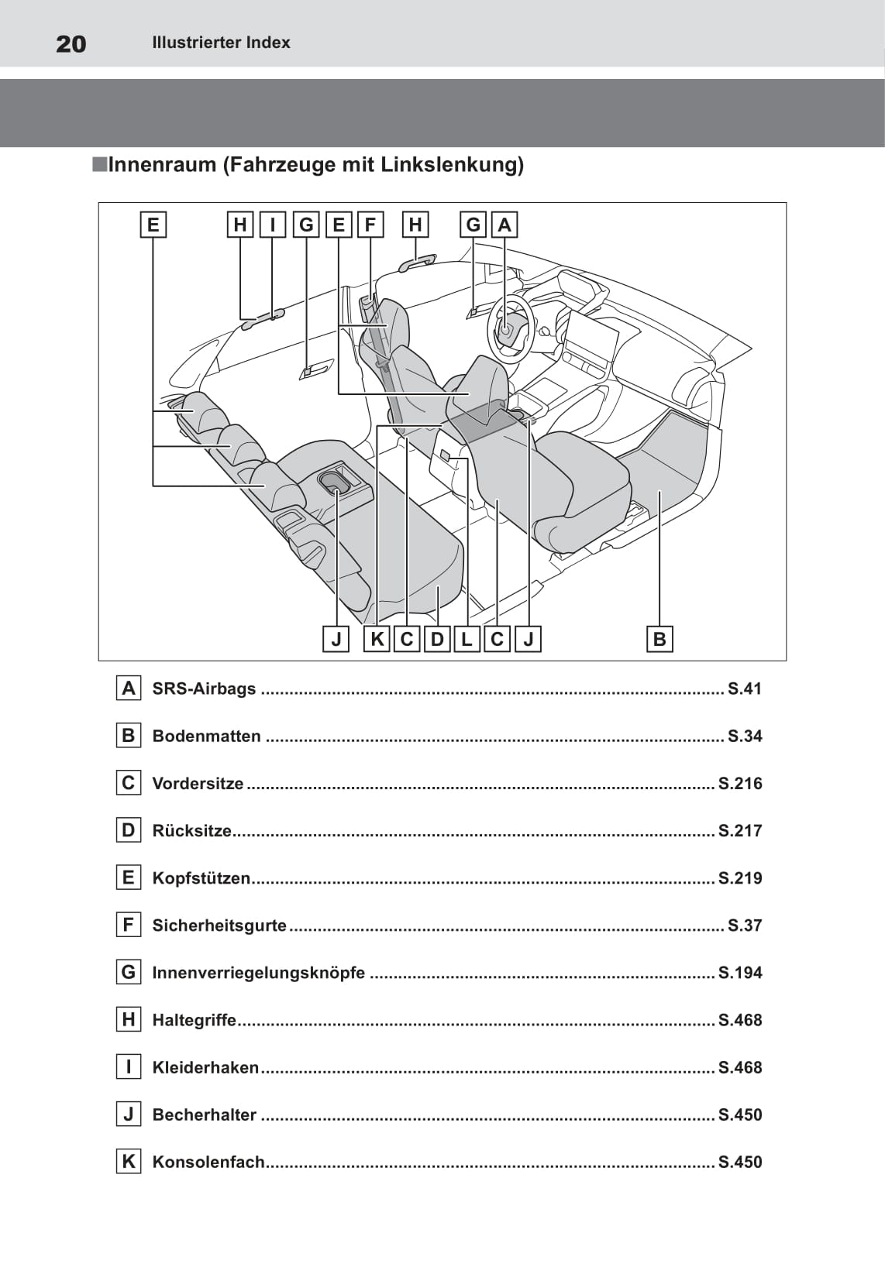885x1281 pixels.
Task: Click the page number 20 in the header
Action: pos(71,44)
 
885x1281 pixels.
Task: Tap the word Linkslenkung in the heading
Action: pos(452,165)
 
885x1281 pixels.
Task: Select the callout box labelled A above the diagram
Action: pos(504,225)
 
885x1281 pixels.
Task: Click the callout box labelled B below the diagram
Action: pos(659,639)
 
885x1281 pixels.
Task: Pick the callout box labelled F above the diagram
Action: pos(370,225)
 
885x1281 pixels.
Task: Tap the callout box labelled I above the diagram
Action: pos(272,225)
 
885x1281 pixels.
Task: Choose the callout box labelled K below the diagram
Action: pos(377,639)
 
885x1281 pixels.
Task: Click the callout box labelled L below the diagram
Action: pos(467,639)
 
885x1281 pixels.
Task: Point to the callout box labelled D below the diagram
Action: pos(437,639)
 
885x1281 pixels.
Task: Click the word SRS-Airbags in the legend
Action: pos(204,689)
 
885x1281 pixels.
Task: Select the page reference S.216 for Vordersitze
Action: pos(739,784)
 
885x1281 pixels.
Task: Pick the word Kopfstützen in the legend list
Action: pos(201,878)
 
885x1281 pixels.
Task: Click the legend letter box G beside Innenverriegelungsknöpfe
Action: pos(129,973)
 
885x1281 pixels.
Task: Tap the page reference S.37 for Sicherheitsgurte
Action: pos(744,926)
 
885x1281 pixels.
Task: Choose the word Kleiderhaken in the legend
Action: pos(205,1068)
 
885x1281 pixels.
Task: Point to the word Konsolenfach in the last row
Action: pos(208,1163)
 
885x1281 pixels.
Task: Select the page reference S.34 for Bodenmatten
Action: pos(744,736)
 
